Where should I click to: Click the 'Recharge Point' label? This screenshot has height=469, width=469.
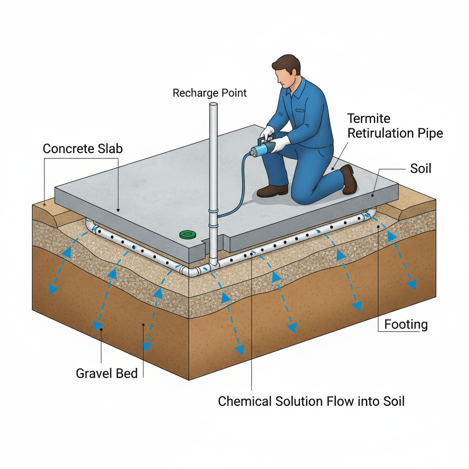209,93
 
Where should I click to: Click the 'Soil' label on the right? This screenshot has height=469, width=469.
420,169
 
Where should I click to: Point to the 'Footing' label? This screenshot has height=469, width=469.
406,325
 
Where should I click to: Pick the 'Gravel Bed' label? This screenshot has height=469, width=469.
106,373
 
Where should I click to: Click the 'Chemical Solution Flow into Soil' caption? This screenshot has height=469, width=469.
311,402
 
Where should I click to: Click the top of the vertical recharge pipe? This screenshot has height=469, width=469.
213,106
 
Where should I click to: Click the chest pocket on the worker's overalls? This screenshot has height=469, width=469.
300,110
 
